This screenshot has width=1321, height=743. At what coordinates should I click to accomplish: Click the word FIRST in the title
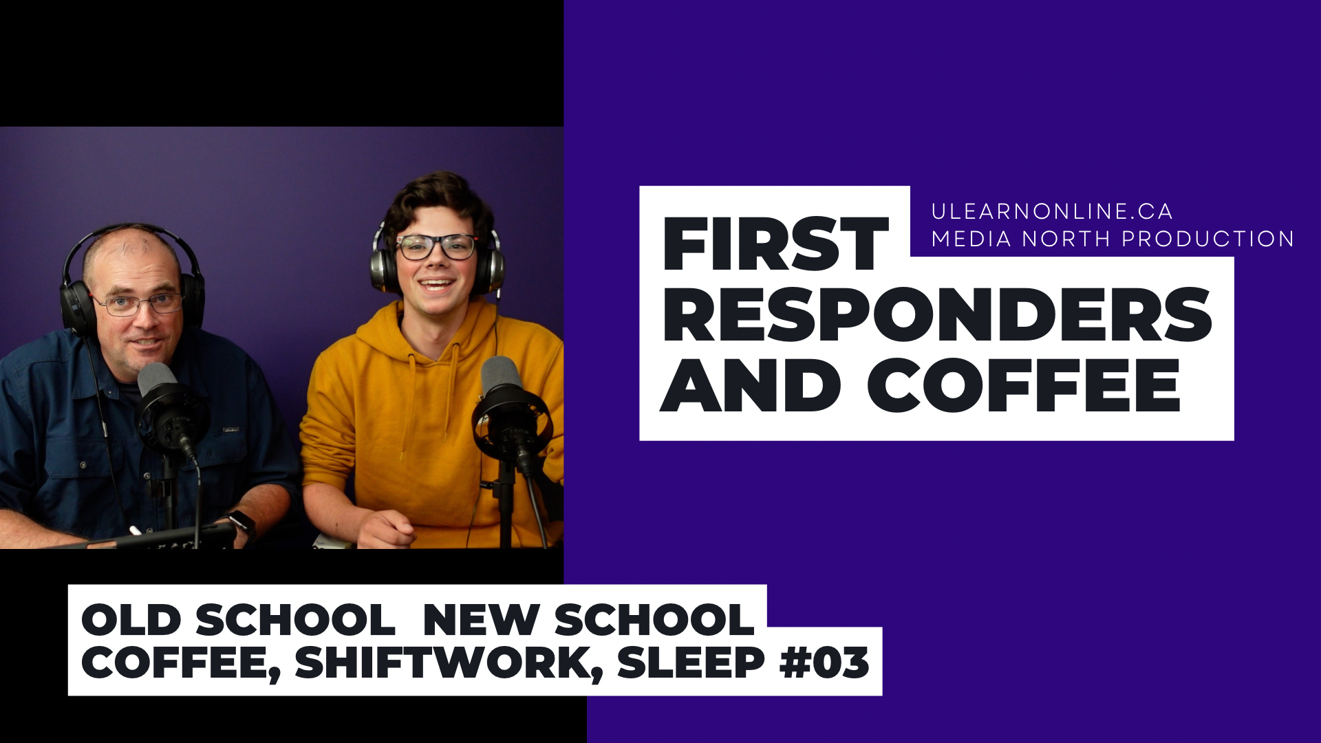point(775,244)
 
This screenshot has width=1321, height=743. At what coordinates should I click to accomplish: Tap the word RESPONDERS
point(936,314)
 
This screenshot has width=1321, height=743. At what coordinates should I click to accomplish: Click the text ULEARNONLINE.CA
point(1051,211)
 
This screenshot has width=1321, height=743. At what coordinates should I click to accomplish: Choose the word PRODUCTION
point(1208,239)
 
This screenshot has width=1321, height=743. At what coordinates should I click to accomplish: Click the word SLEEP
point(691,662)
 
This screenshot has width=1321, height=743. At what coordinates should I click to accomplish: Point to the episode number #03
point(824,662)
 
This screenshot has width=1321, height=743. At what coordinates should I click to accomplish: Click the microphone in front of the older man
point(165,406)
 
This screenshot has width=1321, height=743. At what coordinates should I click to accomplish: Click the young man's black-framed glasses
point(436,246)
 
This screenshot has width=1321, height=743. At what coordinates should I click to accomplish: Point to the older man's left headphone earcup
point(76,306)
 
